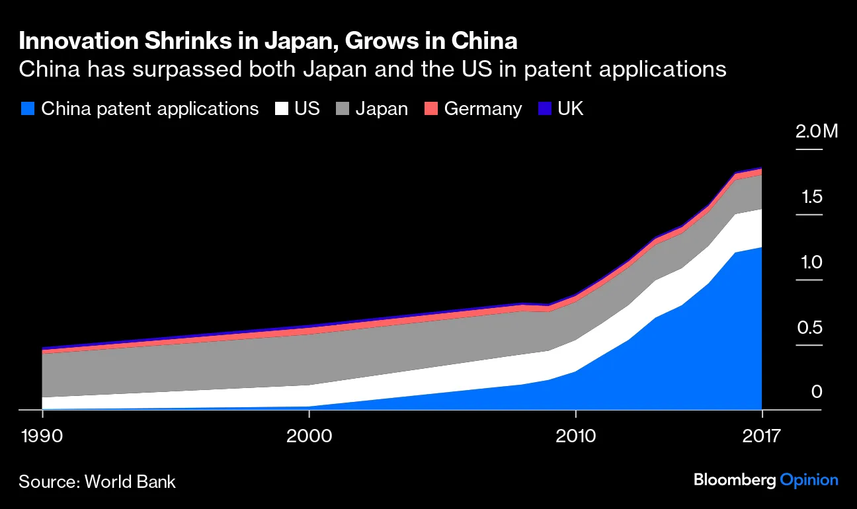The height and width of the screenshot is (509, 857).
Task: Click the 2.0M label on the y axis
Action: pos(817,132)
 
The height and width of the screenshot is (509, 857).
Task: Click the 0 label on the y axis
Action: pos(817,392)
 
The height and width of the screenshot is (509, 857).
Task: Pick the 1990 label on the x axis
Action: pos(43,436)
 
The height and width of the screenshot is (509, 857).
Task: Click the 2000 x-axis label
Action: pos(309,436)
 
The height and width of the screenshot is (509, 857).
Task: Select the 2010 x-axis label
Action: pos(576,436)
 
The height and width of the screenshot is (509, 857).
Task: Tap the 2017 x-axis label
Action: pos(762,436)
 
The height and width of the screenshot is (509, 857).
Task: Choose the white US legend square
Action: pos(282,108)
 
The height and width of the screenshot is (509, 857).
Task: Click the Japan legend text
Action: pos(382,108)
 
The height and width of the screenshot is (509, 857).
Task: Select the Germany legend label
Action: pos(483,108)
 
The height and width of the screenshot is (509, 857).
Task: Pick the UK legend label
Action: pos(571,108)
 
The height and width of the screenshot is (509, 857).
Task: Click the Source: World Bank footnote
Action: pos(97,481)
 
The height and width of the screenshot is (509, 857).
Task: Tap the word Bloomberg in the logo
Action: pos(734,481)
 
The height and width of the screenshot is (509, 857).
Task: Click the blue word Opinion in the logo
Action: pos(809,481)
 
